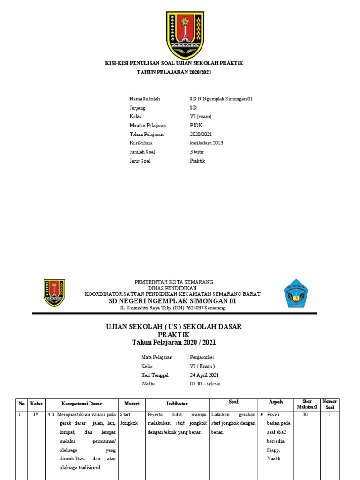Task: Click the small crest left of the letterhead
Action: click(x=54, y=293)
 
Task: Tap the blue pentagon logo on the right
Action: click(x=296, y=293)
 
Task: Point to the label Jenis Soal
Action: click(x=142, y=161)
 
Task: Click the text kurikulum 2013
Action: click(x=206, y=143)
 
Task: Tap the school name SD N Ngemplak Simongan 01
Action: click(x=221, y=99)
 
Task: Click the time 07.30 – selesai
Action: click(x=205, y=383)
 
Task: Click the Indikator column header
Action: click(x=177, y=404)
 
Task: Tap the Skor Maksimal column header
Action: click(x=307, y=404)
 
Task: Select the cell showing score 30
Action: click(x=305, y=415)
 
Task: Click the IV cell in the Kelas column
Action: click(x=36, y=415)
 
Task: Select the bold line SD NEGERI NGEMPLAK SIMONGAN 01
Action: click(x=173, y=301)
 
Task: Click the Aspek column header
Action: click(x=276, y=403)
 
